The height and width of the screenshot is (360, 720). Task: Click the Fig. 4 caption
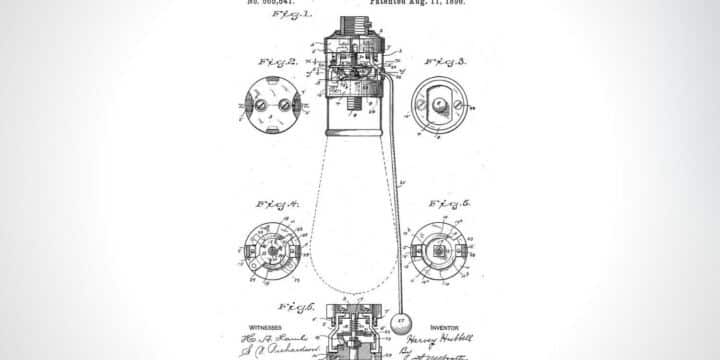click(x=277, y=204)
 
